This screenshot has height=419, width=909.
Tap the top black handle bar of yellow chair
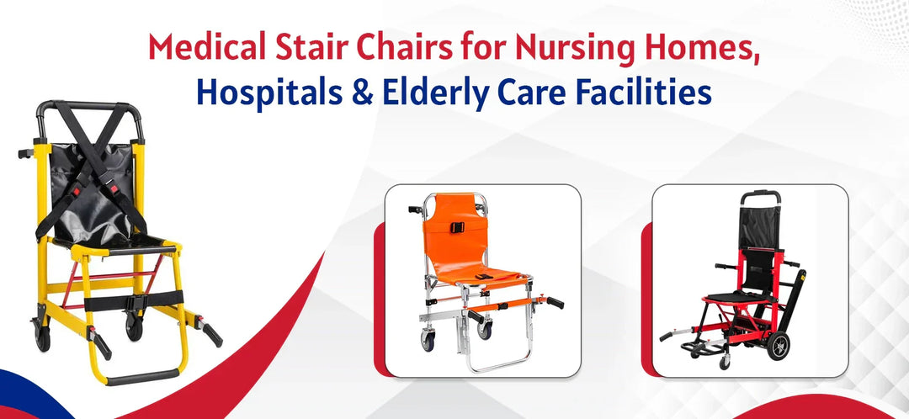(x=89, y=107)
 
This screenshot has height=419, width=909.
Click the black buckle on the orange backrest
(x=460, y=228)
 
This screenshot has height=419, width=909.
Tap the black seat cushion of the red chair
(x=731, y=297)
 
